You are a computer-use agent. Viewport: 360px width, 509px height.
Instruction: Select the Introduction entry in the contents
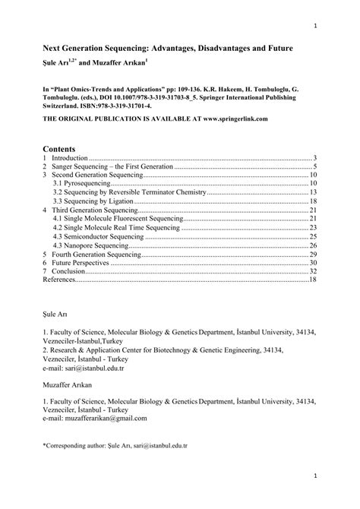coord(70,159)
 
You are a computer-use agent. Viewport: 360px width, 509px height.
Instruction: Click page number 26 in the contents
coord(312,245)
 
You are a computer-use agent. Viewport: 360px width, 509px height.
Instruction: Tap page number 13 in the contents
coord(312,193)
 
